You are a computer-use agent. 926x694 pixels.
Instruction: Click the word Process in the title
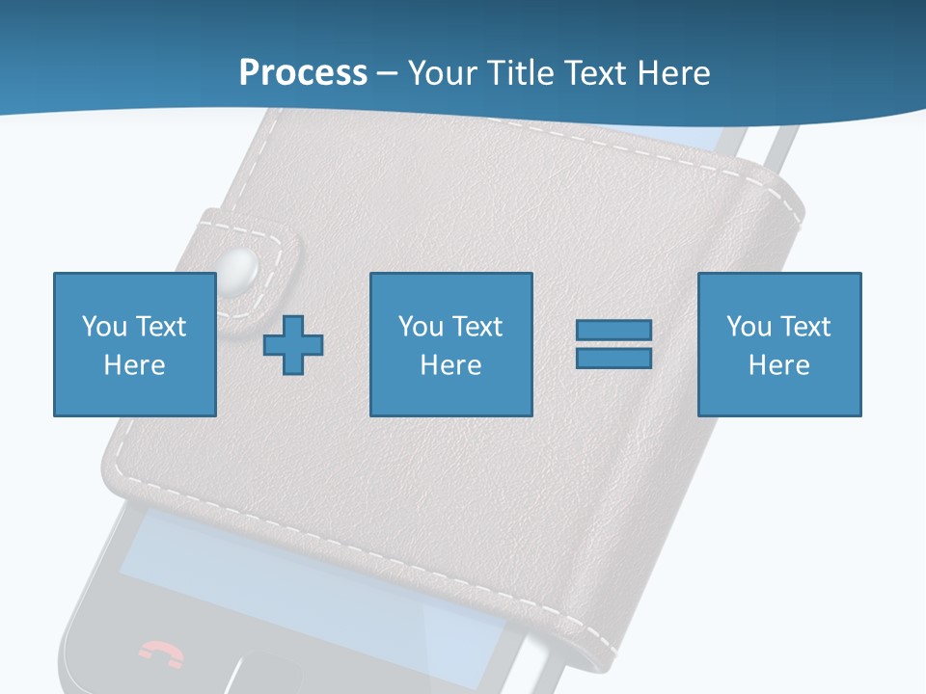(303, 73)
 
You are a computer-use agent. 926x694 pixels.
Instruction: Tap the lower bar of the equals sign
(613, 358)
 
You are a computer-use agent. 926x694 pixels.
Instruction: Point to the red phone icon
(161, 654)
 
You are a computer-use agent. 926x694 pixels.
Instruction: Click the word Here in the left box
(134, 365)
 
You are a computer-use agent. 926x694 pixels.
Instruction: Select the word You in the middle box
(420, 327)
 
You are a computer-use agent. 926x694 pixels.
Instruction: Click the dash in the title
(387, 74)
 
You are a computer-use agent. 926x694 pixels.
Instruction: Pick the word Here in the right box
(778, 365)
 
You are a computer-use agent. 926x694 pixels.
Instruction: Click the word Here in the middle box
(450, 365)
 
